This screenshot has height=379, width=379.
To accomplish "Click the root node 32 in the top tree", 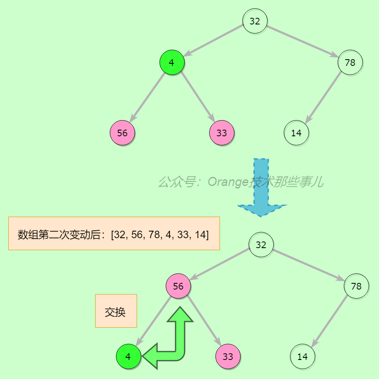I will pos(255,21).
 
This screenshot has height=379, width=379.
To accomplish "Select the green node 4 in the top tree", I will pos(172,63).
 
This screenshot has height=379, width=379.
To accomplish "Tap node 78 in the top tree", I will pos(350,63).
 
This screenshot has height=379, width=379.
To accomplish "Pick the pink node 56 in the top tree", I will pos(122,133).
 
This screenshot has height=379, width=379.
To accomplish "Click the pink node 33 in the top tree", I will pos(222,133).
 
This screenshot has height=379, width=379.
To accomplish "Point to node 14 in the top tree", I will pos(296,133).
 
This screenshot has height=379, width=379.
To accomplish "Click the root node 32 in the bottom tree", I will pos(261,244).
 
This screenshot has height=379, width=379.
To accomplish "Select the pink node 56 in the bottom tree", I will pos(178,286).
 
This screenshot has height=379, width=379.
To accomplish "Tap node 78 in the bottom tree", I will pos(356,286).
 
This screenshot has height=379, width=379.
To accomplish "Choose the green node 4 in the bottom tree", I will pos(128,357).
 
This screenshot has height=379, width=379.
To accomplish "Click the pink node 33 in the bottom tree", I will pos(228,357).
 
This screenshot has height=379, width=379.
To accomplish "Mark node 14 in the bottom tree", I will pos(302,357).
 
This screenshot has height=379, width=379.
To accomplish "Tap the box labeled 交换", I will pos(116,311).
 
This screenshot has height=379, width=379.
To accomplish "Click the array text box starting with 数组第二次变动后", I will pos(114,234).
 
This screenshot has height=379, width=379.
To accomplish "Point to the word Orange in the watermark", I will pos(227,182).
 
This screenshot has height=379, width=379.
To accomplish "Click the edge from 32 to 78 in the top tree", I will pos(302,42).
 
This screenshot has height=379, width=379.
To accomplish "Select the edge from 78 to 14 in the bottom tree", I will pos(330,321).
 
